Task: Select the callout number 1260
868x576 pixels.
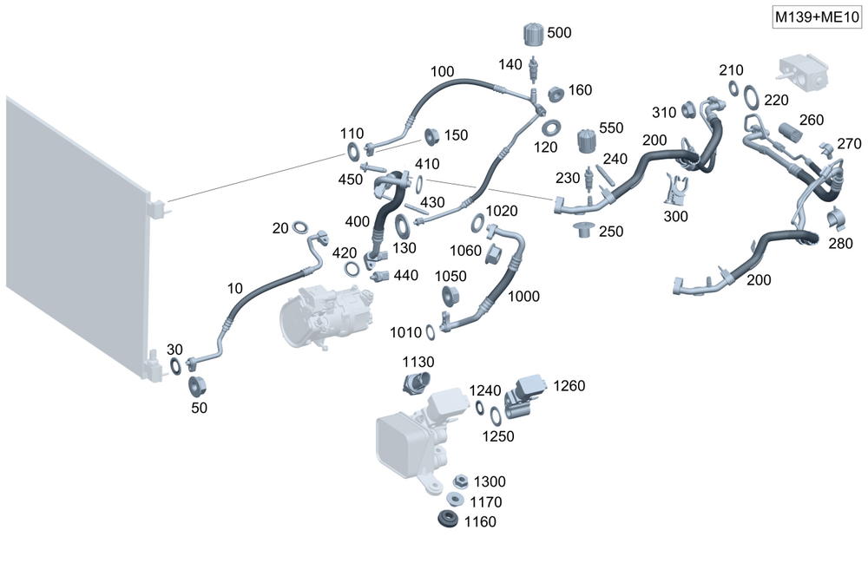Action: coord(569,385)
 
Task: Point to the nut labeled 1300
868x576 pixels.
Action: coord(461,481)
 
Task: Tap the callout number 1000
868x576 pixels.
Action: coord(523,297)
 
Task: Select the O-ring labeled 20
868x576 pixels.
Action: coord(300,227)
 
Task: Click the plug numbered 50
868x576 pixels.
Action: coord(198,384)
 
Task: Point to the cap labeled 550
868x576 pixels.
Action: coord(588,141)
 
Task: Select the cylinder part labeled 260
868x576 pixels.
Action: coord(789,133)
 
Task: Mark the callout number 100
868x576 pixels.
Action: coord(442,71)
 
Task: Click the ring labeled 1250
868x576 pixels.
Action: coord(495,416)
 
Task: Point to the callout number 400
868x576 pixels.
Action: coord(358,222)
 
